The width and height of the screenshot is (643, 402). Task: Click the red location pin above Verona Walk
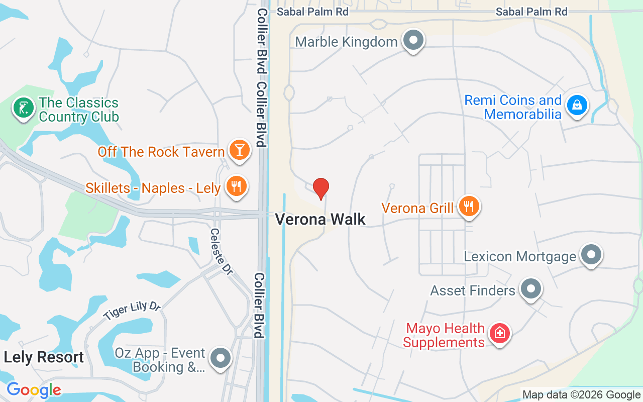[321, 188]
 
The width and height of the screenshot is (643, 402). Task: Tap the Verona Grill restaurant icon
[469, 207]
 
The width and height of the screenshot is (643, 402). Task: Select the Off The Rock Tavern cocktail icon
[239, 150]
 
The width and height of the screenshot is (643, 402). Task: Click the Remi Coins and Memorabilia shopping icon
[577, 106]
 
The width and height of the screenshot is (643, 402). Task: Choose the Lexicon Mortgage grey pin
[591, 255]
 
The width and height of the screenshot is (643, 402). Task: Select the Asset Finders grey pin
[530, 289]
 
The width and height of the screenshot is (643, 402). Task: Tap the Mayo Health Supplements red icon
[500, 334]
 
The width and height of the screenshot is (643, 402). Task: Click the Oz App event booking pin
[220, 358]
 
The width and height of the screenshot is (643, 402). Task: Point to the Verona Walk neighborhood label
[320, 220]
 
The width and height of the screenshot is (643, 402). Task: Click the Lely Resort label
[44, 357]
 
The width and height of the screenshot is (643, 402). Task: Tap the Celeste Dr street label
[222, 252]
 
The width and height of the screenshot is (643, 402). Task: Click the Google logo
[34, 390]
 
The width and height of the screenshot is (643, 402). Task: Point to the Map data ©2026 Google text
[581, 395]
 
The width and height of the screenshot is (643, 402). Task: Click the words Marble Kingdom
[346, 42]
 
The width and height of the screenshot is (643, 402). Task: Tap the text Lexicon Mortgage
[520, 256]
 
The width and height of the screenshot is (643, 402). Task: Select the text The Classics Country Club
[79, 110]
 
